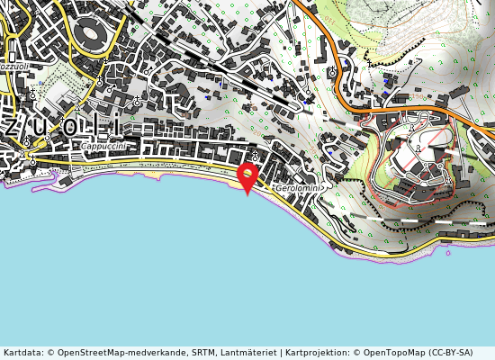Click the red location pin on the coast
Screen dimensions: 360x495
tap(247, 175)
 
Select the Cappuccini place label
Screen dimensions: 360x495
tap(102, 147)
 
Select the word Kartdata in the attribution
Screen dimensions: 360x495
tap(22, 353)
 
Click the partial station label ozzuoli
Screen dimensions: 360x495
tap(15, 67)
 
